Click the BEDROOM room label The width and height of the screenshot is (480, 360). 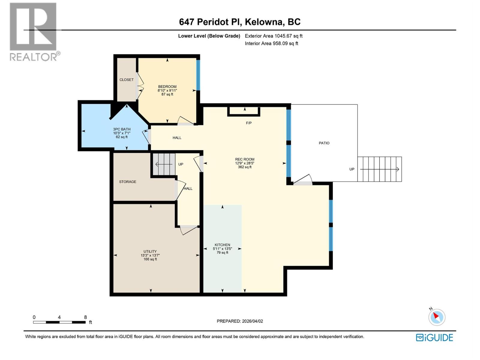pyautogui.click(x=167, y=87)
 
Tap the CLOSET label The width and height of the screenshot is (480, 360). pyautogui.click(x=126, y=80)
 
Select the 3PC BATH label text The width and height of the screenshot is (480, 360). pyautogui.click(x=121, y=129)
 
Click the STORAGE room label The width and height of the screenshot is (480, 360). pyautogui.click(x=127, y=182)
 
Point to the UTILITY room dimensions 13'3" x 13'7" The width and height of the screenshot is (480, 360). pyautogui.click(x=150, y=256)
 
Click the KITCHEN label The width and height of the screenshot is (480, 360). pyautogui.click(x=222, y=245)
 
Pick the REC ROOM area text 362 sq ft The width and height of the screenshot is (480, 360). pyautogui.click(x=244, y=167)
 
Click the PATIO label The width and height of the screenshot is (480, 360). pyautogui.click(x=324, y=143)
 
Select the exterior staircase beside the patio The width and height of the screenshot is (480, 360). pyautogui.click(x=379, y=169)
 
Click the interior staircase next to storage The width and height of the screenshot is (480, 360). pyautogui.click(x=164, y=164)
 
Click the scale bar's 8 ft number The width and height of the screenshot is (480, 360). pyautogui.click(x=85, y=317)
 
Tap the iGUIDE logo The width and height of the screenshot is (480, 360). pyautogui.click(x=434, y=337)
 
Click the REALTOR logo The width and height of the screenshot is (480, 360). pyautogui.click(x=34, y=31)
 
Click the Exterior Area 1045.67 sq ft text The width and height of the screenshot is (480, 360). pyautogui.click(x=273, y=36)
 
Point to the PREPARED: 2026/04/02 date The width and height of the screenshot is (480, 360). pyautogui.click(x=240, y=321)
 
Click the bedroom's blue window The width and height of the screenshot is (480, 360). pyautogui.click(x=198, y=75)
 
